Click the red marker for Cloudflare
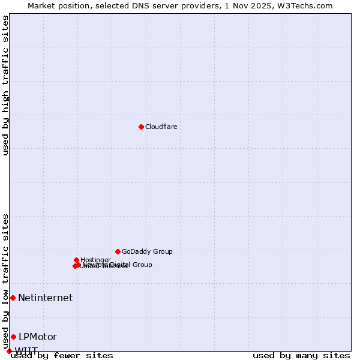click(x=141, y=127)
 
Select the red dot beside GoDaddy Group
click(x=118, y=251)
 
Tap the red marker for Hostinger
click(x=77, y=260)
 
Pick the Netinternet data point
click(x=13, y=298)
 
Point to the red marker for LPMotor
click(x=13, y=337)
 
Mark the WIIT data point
click(x=9, y=351)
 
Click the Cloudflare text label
click(x=161, y=127)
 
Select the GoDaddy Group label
click(x=147, y=251)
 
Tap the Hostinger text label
click(x=95, y=260)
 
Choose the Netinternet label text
click(x=45, y=298)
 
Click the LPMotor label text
click(x=37, y=337)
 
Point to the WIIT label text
click(x=26, y=351)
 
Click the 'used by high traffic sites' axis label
click(x=5, y=85)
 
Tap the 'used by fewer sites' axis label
click(x=62, y=355)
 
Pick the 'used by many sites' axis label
click(x=301, y=355)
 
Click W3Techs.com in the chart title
click(x=307, y=5)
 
